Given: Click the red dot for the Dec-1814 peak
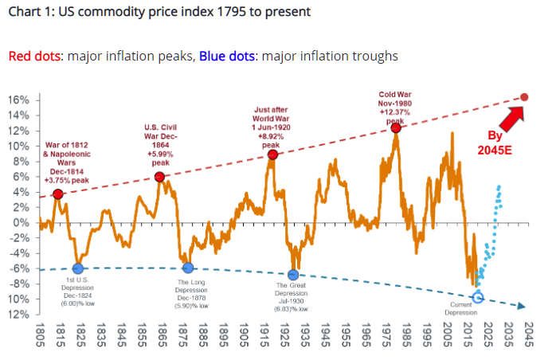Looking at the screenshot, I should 58,194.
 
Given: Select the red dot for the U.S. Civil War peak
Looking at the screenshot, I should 159,177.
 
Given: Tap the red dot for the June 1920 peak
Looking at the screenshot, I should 272,155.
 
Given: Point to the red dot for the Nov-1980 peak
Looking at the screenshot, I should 395,127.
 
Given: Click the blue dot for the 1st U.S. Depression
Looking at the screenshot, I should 78,269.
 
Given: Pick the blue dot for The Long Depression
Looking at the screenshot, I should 187,268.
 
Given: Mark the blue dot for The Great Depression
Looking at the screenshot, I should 293,275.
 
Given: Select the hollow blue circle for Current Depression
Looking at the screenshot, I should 478,298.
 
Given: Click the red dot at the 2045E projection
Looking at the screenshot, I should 524,97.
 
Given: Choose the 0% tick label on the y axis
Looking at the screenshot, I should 22,222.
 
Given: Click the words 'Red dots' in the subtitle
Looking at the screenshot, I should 34,57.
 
